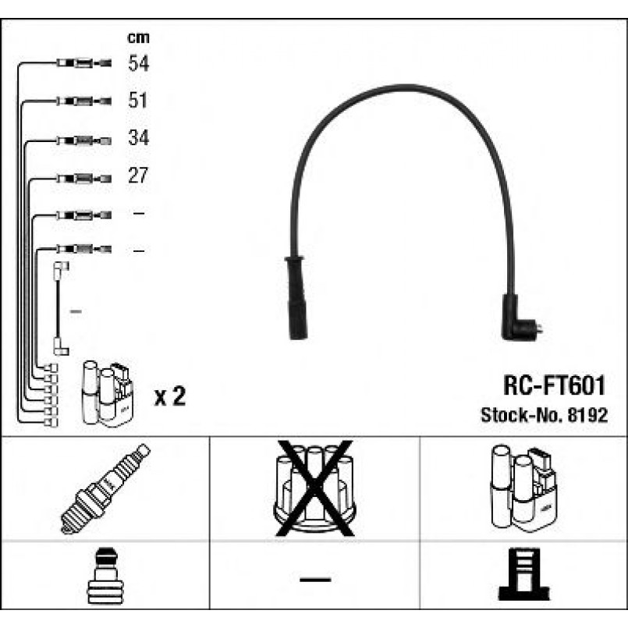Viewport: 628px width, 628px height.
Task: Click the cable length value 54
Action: coord(139,63)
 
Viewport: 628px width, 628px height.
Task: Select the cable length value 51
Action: coord(138,100)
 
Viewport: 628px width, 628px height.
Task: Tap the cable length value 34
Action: coord(139,138)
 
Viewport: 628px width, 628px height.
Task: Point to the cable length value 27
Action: coord(138,176)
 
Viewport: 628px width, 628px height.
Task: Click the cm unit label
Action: coord(138,37)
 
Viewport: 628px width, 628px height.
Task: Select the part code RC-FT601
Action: coord(555,385)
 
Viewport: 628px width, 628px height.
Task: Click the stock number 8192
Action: coord(587,415)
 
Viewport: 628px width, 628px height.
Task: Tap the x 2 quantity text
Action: coord(170,396)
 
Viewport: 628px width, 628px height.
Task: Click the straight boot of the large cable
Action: coord(296,297)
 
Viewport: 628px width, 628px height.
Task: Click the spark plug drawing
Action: coord(105,489)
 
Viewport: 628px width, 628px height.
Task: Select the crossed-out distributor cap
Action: coord(315,488)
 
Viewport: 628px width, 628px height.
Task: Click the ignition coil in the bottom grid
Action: coord(523,488)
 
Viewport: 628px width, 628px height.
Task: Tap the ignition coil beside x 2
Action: coord(108,394)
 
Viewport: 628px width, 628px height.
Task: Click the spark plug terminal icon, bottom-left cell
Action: coord(106,576)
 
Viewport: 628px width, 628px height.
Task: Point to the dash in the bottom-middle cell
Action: coord(315,580)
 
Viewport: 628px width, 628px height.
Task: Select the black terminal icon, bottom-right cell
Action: coord(524,574)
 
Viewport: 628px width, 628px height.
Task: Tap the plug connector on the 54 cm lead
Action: coord(84,63)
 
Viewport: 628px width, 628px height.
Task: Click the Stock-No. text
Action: coord(522,415)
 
